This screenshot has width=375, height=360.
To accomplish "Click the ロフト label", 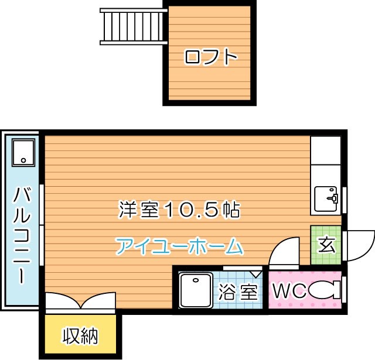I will click(x=210, y=57).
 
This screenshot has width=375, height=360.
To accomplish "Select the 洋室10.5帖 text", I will click(x=179, y=209).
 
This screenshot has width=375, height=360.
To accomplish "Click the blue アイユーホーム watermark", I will click(x=179, y=246).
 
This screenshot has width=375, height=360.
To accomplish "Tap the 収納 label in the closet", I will click(x=80, y=337).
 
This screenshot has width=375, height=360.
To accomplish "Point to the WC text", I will click(x=288, y=291).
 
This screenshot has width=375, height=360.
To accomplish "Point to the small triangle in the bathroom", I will click(x=256, y=273).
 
